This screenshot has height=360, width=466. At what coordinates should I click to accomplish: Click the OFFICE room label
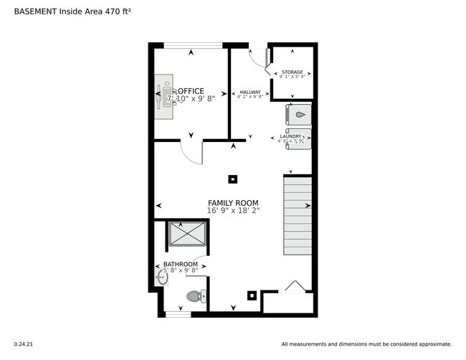click(191, 91)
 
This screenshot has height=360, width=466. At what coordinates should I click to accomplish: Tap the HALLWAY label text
click(250, 93)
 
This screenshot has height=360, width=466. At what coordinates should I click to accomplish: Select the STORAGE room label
click(292, 72)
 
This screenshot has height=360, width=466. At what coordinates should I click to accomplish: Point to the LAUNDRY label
click(290, 136)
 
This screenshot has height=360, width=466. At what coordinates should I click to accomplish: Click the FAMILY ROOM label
click(233, 203)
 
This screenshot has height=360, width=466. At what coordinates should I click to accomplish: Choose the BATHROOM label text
click(180, 265)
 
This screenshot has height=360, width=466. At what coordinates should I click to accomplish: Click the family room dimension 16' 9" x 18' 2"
click(233, 212)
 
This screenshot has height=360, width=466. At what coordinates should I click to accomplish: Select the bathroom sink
click(161, 278)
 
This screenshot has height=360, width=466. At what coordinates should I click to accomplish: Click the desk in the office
click(166, 98)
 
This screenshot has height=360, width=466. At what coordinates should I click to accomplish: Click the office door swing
click(192, 151)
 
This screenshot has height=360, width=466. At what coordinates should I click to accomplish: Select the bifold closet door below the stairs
click(294, 287)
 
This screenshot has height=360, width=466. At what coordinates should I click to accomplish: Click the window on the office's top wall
click(193, 46)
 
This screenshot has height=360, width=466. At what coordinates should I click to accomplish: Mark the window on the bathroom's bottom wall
click(178, 313)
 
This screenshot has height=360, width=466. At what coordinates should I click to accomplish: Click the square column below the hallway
click(232, 179)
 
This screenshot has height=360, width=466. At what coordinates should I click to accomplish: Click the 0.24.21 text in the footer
click(24, 344)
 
